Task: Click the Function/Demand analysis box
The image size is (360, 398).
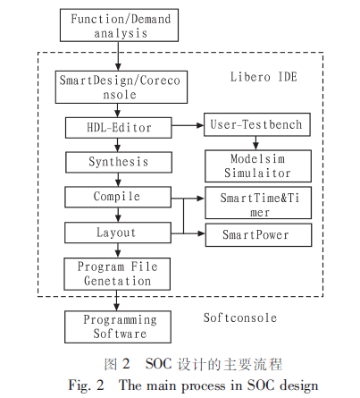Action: (x=119, y=25)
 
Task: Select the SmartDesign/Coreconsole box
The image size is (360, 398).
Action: (x=121, y=87)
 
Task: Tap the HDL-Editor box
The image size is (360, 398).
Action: (x=119, y=128)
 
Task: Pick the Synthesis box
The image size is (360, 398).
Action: (x=119, y=162)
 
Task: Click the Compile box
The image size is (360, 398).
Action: (x=118, y=197)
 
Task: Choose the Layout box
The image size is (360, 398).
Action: (x=118, y=233)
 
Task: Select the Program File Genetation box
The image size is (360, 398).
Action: (x=117, y=274)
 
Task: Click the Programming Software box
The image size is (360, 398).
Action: (x=118, y=326)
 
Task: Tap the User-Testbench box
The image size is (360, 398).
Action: (x=257, y=124)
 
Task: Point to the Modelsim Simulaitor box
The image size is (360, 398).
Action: (x=258, y=166)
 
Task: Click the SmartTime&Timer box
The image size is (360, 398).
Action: (x=258, y=203)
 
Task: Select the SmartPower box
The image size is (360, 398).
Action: (x=259, y=235)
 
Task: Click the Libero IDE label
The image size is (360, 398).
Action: (x=264, y=77)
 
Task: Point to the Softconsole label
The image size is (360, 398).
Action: (x=240, y=318)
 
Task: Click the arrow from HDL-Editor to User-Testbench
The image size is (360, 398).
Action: (x=188, y=125)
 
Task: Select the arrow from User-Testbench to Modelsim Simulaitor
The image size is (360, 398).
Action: (x=255, y=143)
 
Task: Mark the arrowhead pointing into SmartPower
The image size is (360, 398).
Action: (x=202, y=233)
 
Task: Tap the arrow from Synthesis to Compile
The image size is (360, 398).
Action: (x=118, y=180)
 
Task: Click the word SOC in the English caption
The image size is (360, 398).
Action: (x=261, y=385)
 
